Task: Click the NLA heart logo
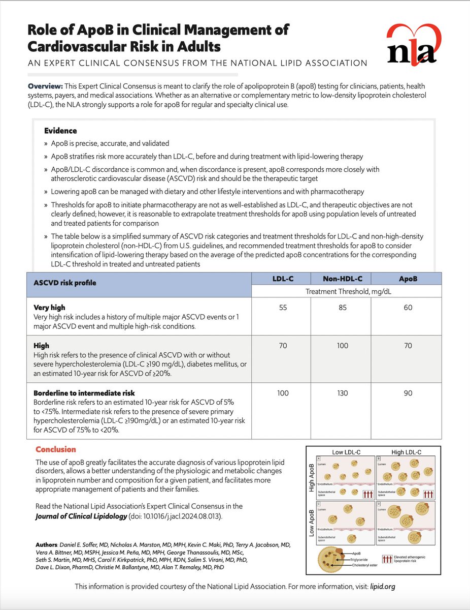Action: (412, 46)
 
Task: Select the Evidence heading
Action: (60, 131)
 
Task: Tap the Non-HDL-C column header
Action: (343, 278)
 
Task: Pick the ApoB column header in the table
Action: (406, 278)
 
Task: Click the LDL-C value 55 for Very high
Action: (283, 308)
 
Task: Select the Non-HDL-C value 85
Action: (343, 308)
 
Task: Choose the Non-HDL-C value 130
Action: (343, 393)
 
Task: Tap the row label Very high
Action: (49, 308)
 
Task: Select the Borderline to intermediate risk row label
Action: (84, 393)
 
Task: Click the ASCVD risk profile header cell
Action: (64, 283)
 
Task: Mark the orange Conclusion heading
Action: (56, 449)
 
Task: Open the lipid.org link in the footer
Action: (383, 586)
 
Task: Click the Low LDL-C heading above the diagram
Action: (346, 452)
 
